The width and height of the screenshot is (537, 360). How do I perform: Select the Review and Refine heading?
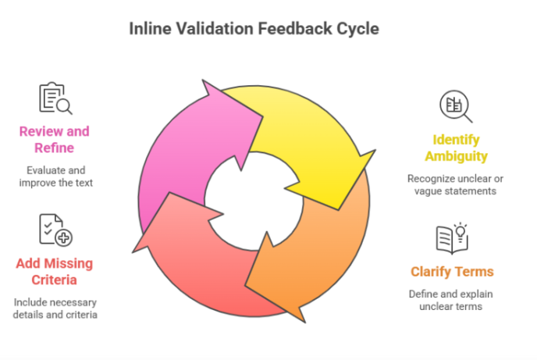tap(55, 140)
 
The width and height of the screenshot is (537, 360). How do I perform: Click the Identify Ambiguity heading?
tap(461, 148)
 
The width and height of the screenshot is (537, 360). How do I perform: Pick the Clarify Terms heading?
tap(453, 272)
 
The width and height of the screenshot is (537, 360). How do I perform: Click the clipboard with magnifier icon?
tap(55, 98)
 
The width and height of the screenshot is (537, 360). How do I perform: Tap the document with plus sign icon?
tap(55, 230)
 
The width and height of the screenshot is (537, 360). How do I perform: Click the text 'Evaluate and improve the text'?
tap(54, 177)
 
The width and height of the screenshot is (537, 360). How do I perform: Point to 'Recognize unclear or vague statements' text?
tap(451, 185)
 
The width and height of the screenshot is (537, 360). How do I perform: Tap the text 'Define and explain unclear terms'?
tap(452, 301)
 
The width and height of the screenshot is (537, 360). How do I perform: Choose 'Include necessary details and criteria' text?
tap(55, 308)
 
